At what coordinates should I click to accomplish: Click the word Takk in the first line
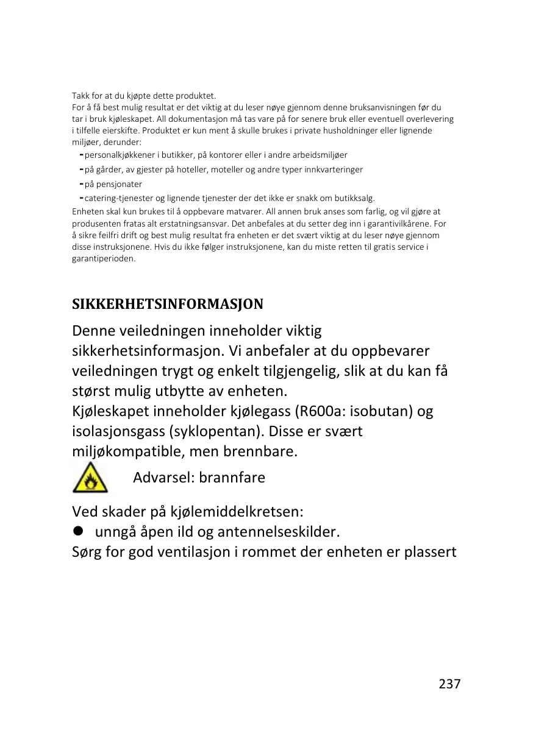pyautogui.click(x=80, y=96)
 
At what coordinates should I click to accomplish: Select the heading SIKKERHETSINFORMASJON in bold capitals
pyautogui.click(x=168, y=303)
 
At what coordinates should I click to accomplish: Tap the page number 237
pyautogui.click(x=449, y=684)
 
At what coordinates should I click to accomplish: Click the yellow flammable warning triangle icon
pyautogui.click(x=90, y=478)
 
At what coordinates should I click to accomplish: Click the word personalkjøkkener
pyautogui.click(x=122, y=155)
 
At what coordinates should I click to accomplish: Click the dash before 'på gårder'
pyautogui.click(x=81, y=169)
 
